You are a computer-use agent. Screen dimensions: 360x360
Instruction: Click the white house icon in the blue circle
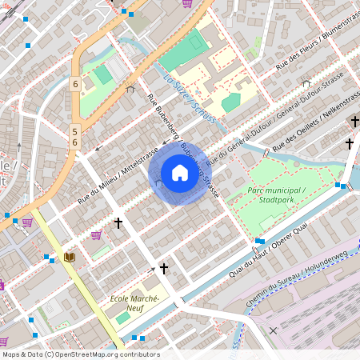(x=179, y=173)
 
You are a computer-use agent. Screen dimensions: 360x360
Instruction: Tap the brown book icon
(x=69, y=257)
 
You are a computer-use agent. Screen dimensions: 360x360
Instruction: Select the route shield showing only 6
(x=74, y=84)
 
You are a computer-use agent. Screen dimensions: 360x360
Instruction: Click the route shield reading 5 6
(x=74, y=136)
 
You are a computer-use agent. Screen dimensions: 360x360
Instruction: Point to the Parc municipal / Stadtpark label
(x=278, y=194)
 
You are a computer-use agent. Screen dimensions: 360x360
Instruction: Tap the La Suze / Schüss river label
(x=190, y=100)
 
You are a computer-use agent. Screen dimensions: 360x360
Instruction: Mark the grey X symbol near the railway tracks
(x=273, y=330)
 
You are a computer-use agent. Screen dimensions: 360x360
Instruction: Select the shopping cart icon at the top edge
(x=186, y=3)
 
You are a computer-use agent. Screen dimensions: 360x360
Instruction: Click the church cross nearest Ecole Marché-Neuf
(x=164, y=269)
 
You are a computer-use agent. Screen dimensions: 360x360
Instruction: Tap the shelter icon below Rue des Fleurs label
(x=306, y=83)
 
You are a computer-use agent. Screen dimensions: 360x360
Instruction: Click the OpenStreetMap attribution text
(x=80, y=354)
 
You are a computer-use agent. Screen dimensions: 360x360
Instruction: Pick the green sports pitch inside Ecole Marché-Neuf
(x=122, y=318)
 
